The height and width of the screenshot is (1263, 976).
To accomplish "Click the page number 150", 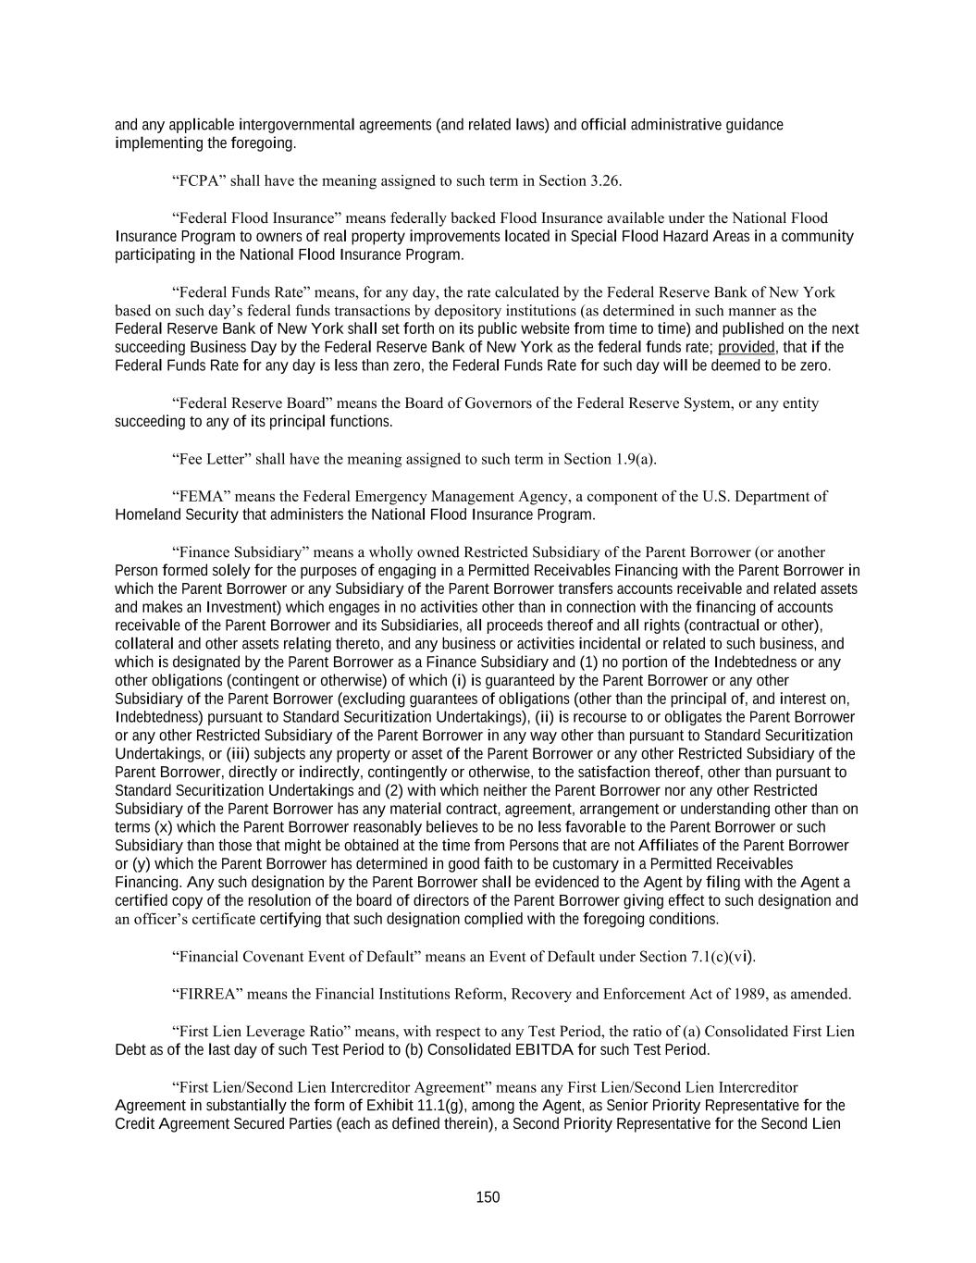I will [488, 1197].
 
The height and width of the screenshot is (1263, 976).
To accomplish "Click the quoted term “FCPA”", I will [199, 180].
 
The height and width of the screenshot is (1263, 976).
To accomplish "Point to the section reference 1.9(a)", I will [636, 459].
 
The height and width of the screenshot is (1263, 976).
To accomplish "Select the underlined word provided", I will [746, 347].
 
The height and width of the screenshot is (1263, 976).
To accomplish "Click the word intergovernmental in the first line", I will [296, 125].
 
